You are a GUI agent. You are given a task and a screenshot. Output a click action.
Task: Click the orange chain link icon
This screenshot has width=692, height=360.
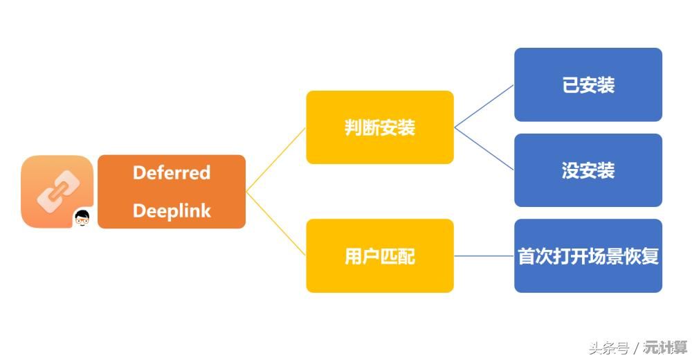tap(57, 190)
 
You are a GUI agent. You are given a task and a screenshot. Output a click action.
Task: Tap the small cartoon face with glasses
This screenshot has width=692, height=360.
tap(83, 218)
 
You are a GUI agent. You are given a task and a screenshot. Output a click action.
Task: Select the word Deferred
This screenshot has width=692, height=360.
tap(171, 172)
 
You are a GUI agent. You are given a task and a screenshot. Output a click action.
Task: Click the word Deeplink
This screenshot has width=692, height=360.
tap(171, 211)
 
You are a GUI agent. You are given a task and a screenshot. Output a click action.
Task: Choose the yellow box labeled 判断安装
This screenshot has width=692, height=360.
tap(379, 127)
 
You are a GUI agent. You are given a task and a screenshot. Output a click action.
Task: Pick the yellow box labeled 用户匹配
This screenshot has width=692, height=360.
tap(379, 256)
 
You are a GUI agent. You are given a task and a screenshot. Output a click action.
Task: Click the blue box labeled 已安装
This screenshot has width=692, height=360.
tap(588, 84)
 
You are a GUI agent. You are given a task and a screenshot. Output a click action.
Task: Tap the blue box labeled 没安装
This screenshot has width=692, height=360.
tap(588, 170)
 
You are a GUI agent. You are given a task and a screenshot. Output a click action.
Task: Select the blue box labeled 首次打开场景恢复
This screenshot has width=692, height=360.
tap(588, 256)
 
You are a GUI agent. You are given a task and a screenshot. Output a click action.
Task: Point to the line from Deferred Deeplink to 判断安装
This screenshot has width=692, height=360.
tap(275, 160)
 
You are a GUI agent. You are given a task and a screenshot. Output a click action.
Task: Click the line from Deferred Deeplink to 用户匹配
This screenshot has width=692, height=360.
tap(275, 224)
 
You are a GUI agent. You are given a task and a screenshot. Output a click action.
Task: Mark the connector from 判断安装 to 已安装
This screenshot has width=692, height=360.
tap(484, 107)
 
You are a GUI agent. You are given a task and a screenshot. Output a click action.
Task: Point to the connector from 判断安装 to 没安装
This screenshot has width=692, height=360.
tap(484, 149)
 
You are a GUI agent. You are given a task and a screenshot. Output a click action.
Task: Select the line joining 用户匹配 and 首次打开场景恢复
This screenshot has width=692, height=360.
tap(484, 256)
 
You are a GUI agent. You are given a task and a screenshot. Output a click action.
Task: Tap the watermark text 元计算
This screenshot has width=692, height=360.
tap(665, 347)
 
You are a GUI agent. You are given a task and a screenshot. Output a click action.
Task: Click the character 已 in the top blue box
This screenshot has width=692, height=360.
tap(570, 85)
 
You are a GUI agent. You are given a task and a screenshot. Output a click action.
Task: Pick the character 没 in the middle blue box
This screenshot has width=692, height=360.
tap(570, 171)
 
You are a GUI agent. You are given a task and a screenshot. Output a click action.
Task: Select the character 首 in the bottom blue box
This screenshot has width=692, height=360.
tap(527, 256)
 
